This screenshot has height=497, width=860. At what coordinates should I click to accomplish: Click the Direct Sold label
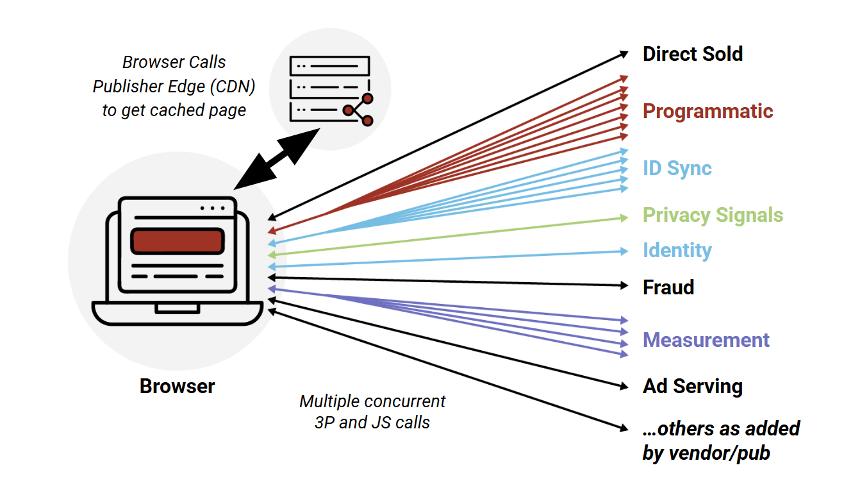[693, 54]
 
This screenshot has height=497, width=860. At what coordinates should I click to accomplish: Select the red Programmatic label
[708, 112]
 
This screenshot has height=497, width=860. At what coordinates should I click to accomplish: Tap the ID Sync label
[677, 168]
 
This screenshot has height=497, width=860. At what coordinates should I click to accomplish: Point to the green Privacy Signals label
[713, 215]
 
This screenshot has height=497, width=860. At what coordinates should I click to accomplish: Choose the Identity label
[677, 250]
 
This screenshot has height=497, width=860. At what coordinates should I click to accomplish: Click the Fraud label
[668, 287]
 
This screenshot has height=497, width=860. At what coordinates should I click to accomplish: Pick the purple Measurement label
[706, 340]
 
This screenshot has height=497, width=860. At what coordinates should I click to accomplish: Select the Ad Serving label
[693, 387]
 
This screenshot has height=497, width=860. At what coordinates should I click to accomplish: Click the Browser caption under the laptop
[177, 386]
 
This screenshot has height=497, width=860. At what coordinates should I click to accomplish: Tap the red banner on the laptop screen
[177, 241]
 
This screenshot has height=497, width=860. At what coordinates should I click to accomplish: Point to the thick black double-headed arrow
[276, 159]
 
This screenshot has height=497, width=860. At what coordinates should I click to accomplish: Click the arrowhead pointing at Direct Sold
[624, 55]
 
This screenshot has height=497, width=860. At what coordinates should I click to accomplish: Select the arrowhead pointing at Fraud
[624, 285]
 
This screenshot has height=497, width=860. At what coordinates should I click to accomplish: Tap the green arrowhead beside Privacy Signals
[624, 218]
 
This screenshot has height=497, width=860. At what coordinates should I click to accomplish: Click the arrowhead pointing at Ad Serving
[624, 386]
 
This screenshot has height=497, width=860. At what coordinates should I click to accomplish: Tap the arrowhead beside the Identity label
[624, 251]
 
